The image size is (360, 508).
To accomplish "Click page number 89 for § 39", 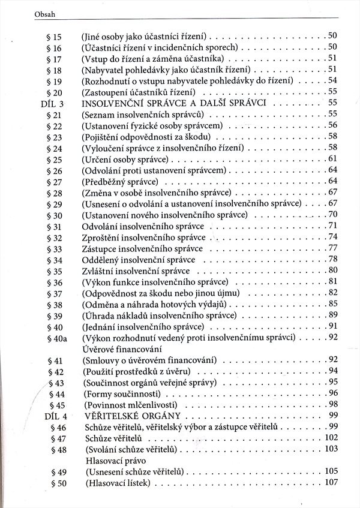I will (334, 315).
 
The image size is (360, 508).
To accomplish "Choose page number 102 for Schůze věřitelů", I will (332, 438).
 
